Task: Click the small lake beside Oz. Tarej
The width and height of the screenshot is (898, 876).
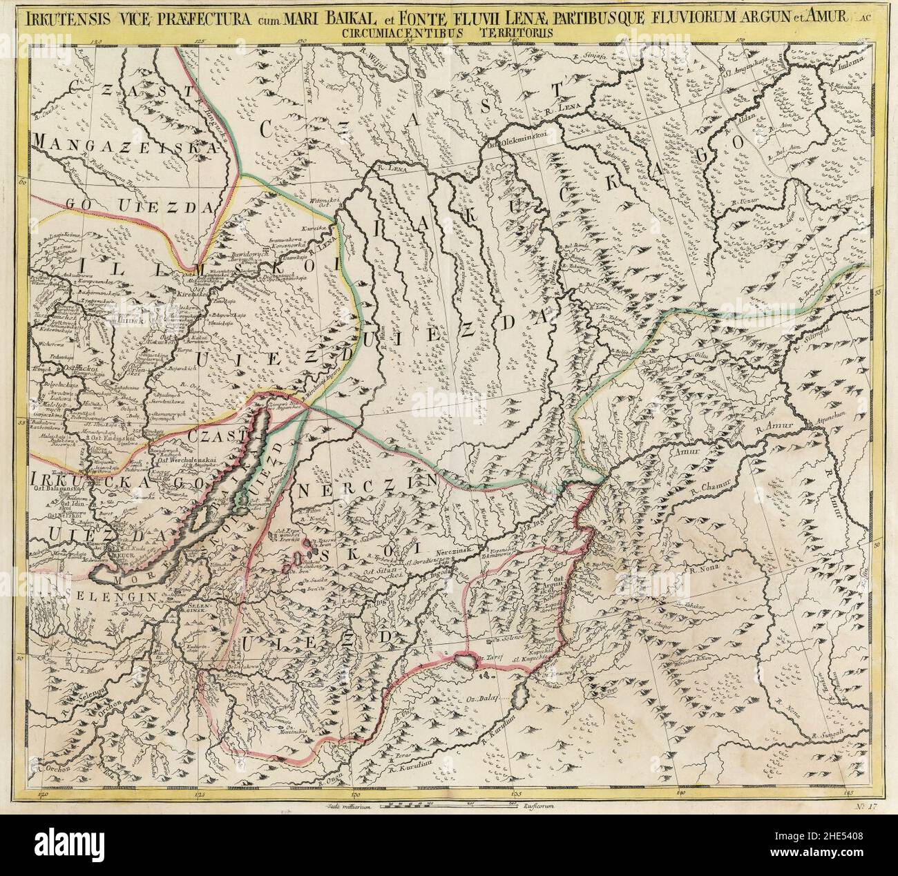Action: [x=468, y=661]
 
